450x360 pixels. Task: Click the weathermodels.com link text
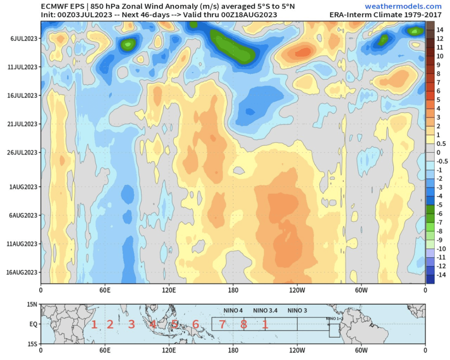403,6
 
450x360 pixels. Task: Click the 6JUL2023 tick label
24,38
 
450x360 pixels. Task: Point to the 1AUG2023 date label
23,187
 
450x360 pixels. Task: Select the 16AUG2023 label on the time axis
22,273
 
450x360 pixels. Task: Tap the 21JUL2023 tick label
22,124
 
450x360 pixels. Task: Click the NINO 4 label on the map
233,311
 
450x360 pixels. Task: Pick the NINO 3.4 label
265,311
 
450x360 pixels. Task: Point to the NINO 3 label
297,311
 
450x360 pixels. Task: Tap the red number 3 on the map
131,324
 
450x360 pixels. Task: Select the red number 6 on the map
195,324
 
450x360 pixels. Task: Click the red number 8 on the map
244,324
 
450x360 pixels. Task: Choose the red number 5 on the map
174,324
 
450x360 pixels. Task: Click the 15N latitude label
32,304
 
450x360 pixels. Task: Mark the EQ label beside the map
33,324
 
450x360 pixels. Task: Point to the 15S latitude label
32,344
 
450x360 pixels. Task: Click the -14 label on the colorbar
441,275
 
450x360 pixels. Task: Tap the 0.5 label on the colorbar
441,144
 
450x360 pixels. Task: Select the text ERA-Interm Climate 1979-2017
385,15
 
